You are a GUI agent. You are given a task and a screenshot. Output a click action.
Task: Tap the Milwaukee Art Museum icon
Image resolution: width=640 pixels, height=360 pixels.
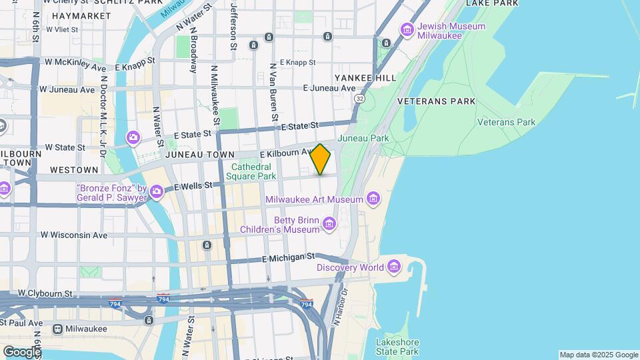coord(373,199)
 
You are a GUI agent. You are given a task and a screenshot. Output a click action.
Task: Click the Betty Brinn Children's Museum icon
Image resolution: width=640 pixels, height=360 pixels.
coord(329,224)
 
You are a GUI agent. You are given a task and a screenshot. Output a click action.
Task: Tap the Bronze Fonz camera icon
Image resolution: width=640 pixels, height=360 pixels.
coord(157,193)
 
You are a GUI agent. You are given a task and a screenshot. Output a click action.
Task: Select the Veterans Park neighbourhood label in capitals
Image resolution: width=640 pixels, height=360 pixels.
coord(436,101)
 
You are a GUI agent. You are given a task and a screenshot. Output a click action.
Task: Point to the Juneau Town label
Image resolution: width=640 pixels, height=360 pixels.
coord(199,155)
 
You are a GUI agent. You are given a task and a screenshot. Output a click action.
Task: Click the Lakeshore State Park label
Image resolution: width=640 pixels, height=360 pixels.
coord(397,347)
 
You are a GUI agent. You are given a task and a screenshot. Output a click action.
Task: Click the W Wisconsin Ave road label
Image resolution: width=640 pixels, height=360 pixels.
coord(74,235)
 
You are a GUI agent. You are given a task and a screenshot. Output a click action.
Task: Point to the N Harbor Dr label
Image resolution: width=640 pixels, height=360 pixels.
coord(340,307)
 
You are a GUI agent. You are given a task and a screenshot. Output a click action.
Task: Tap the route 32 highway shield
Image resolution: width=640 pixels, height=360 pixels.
coord(360,98)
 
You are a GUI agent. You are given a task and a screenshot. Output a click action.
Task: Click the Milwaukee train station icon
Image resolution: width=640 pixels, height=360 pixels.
coord(58,329)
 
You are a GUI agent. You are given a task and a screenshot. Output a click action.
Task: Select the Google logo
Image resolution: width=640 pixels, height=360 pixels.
coord(22,351)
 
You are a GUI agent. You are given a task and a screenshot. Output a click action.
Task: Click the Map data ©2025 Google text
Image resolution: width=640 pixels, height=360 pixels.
coord(598,355)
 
